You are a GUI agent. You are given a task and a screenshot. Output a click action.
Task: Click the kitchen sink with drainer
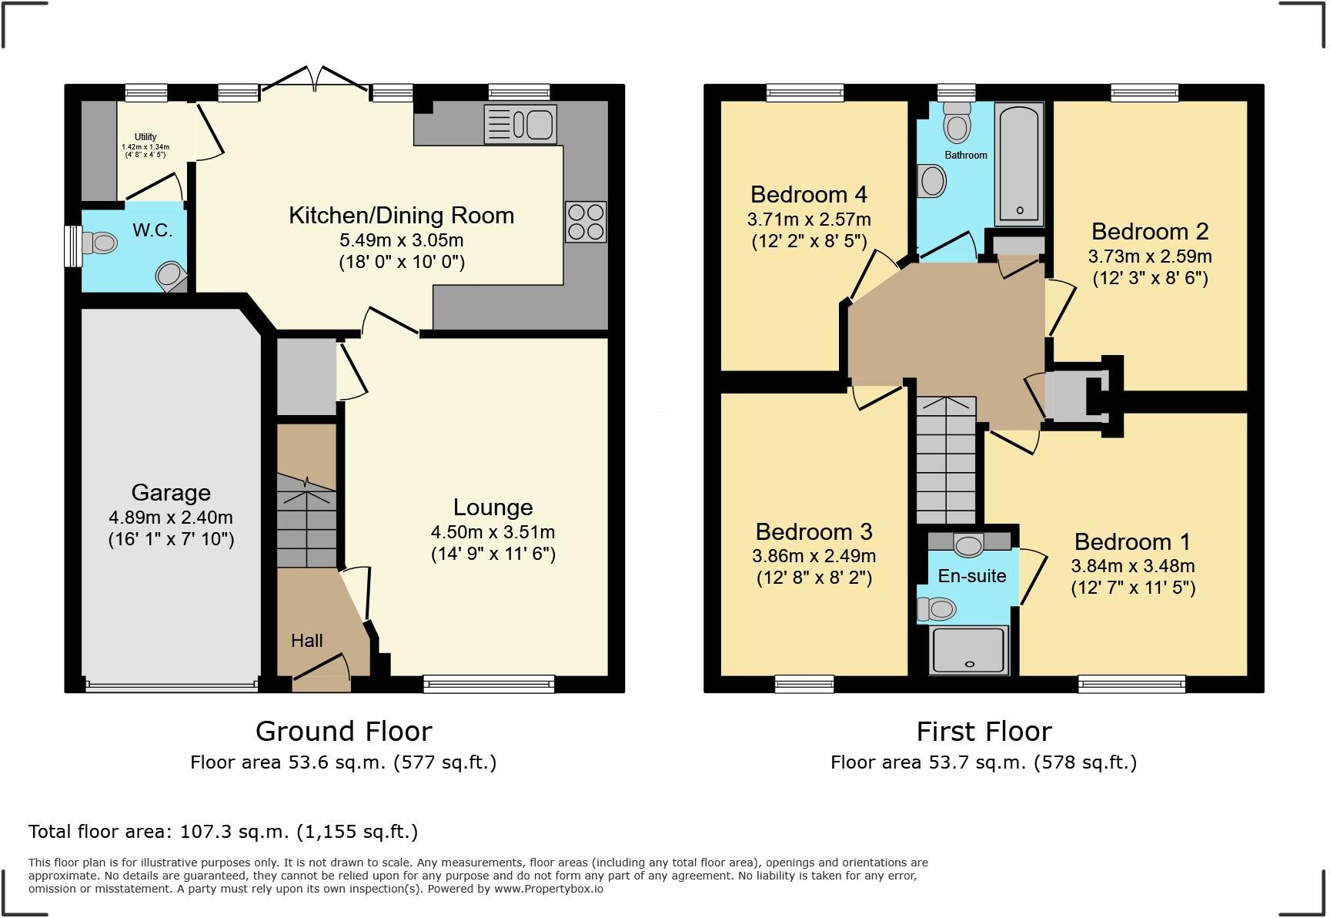point(520,124)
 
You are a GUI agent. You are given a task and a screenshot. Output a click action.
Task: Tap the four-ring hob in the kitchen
point(586,222)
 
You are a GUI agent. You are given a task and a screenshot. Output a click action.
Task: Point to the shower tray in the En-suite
point(969,649)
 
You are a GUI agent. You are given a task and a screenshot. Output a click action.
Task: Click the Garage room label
point(171,493)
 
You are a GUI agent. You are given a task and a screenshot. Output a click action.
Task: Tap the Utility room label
point(145,137)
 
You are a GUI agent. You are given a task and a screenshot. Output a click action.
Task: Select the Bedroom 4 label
point(809,194)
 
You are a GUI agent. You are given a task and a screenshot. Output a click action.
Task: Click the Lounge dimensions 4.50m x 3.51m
point(493,532)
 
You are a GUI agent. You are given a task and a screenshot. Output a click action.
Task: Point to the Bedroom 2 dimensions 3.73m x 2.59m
point(1150,256)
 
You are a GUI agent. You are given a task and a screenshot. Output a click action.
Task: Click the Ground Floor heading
point(343,731)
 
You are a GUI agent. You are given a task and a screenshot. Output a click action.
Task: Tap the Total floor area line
point(223,832)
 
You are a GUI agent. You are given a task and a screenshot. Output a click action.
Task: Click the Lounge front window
point(489,683)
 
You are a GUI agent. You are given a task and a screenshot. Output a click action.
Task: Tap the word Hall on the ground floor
point(306,641)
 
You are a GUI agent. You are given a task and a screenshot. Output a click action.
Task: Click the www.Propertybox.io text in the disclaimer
point(549,889)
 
